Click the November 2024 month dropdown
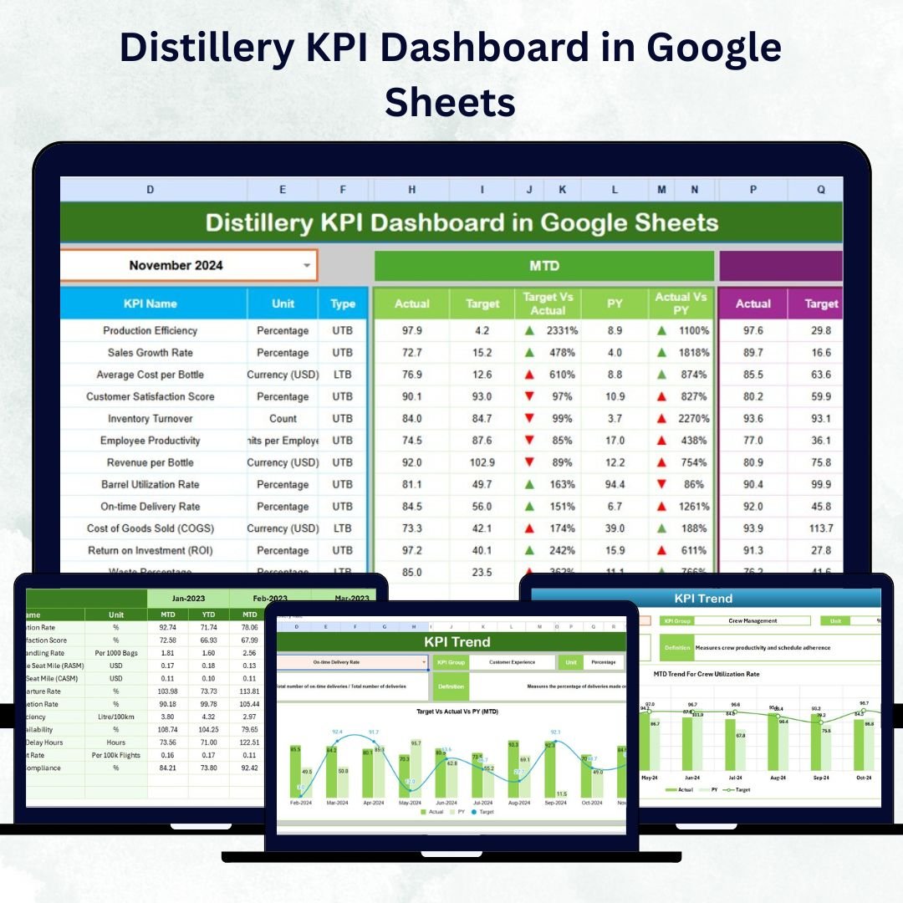tap(188, 266)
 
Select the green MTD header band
tap(544, 266)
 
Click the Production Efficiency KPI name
tap(150, 331)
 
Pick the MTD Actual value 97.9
tap(411, 331)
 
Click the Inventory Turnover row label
tap(150, 419)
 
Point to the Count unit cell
tap(283, 419)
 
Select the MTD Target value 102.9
tap(482, 462)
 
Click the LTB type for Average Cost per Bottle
tap(342, 375)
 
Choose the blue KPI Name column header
tap(150, 304)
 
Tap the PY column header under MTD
tap(615, 304)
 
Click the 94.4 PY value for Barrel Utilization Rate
tap(615, 484)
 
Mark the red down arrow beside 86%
tap(662, 484)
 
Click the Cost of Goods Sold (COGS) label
tap(150, 528)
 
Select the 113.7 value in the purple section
tap(821, 528)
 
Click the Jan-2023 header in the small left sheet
tap(188, 599)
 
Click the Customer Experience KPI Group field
tap(512, 662)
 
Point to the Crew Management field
tap(753, 620)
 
